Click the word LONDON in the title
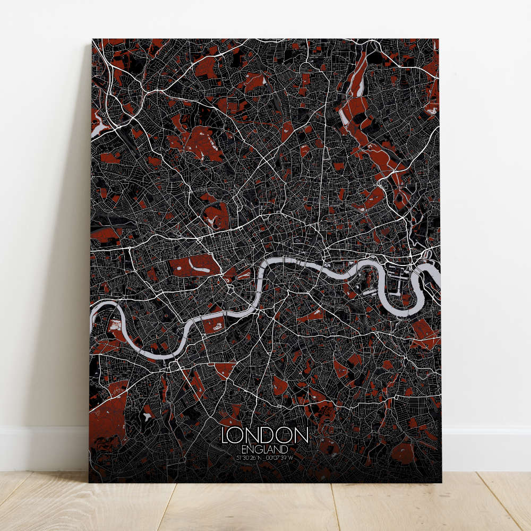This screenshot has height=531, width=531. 264,436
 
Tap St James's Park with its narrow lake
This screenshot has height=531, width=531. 244,274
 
